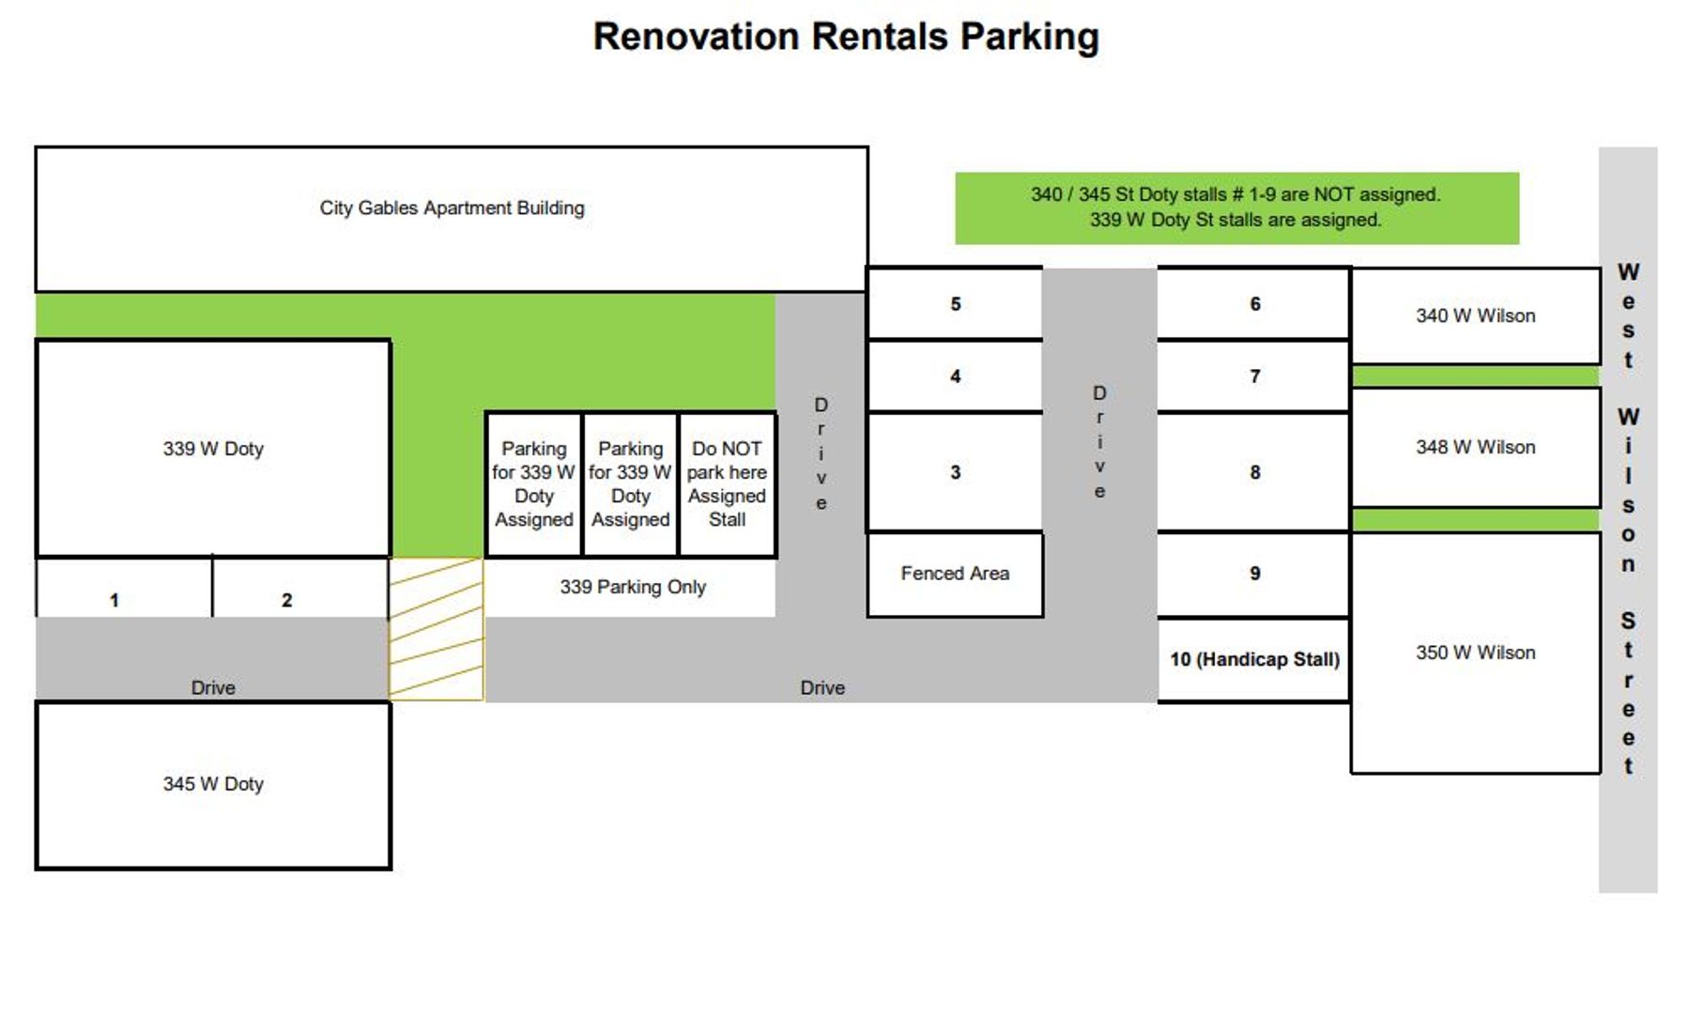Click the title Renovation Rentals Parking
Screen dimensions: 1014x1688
pyautogui.click(x=845, y=38)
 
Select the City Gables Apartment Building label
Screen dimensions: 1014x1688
pyautogui.click(x=452, y=208)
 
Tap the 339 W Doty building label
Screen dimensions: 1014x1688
pyautogui.click(x=213, y=449)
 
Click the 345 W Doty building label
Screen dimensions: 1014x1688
pyautogui.click(x=213, y=784)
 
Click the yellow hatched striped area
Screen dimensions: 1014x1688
pyautogui.click(x=436, y=629)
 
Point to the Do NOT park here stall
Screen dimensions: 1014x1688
pyautogui.click(x=727, y=484)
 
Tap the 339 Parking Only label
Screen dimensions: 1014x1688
pyautogui.click(x=632, y=587)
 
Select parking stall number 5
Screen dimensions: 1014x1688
pyautogui.click(x=955, y=304)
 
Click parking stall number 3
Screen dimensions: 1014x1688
pyautogui.click(x=955, y=472)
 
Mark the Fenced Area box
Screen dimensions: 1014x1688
pyautogui.click(x=955, y=574)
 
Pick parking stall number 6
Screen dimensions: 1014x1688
pyautogui.click(x=1254, y=304)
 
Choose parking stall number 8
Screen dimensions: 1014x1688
pyautogui.click(x=1254, y=472)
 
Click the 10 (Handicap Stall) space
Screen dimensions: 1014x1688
pyautogui.click(x=1254, y=659)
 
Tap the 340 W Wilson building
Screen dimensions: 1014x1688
pyautogui.click(x=1475, y=316)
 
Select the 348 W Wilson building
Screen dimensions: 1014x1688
pyautogui.click(x=1475, y=448)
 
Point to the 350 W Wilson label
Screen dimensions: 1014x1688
pyautogui.click(x=1475, y=653)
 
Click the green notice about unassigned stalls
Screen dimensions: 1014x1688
pyautogui.click(x=1235, y=207)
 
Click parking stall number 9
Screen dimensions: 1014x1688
pyautogui.click(x=1254, y=574)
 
